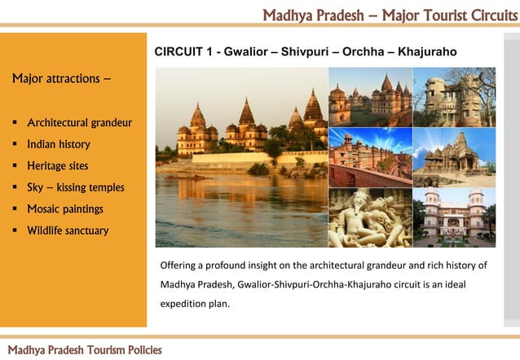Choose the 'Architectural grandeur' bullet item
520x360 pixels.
80,123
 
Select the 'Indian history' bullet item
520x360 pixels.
59,144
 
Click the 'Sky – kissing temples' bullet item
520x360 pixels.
76,187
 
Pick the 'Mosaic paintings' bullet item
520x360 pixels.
65,209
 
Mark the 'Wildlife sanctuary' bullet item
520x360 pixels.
68,230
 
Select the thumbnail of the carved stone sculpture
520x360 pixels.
369,217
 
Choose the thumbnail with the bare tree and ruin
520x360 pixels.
453,96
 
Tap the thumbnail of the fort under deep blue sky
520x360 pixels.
369,157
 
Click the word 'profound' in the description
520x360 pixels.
239,266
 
